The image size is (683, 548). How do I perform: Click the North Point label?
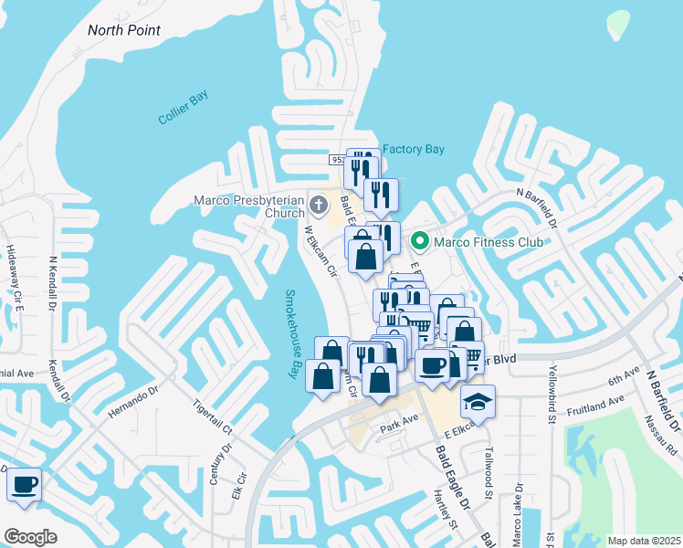[124, 30]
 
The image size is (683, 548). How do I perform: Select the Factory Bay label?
[413, 149]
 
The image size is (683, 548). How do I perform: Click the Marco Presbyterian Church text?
[248, 206]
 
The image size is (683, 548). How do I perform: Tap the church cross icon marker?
[319, 203]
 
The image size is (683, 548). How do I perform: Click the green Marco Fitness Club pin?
[420, 242]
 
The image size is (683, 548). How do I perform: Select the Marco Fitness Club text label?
[488, 242]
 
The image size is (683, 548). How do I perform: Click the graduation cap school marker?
[476, 401]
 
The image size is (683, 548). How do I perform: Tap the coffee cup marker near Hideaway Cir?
[24, 483]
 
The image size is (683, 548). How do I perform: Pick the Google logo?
[29, 537]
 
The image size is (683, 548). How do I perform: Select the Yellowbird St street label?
[552, 396]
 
